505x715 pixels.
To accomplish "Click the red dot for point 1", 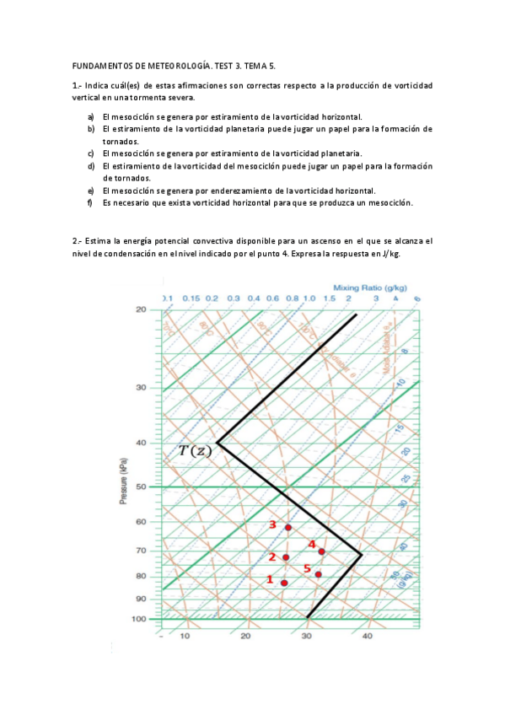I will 284,583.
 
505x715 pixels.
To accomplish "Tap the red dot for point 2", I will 286,557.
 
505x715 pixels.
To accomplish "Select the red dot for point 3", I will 288,528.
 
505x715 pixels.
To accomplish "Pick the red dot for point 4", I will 322,551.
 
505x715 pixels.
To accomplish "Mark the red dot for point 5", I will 318,574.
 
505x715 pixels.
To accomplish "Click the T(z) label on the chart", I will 196,450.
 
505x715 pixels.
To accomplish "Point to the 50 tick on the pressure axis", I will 141,487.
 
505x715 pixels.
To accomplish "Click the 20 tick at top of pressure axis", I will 141,309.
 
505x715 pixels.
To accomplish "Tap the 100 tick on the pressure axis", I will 139,619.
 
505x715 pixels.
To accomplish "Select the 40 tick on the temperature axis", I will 367,637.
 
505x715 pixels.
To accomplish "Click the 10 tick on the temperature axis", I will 185,637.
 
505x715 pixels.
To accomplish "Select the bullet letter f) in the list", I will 90,202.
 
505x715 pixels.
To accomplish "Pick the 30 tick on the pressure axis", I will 141,388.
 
